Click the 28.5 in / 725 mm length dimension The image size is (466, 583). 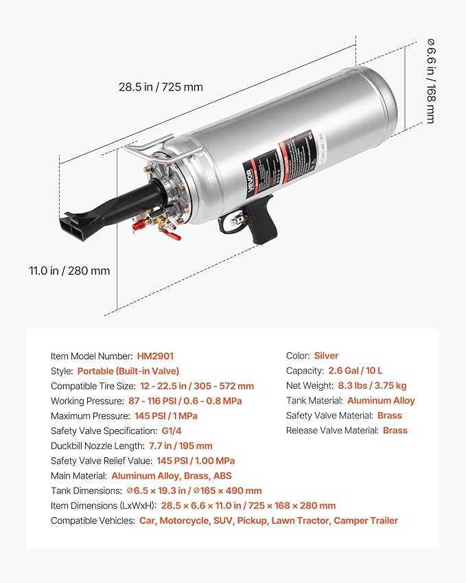coord(161,87)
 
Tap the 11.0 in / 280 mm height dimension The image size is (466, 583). coord(69,271)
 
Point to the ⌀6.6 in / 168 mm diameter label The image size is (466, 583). coord(430,81)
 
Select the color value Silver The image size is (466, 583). coord(326,356)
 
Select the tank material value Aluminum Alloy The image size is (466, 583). coord(381,400)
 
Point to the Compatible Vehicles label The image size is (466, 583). coord(93,521)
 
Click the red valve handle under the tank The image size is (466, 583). coord(171,236)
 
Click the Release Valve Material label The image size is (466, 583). coord(332,431)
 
